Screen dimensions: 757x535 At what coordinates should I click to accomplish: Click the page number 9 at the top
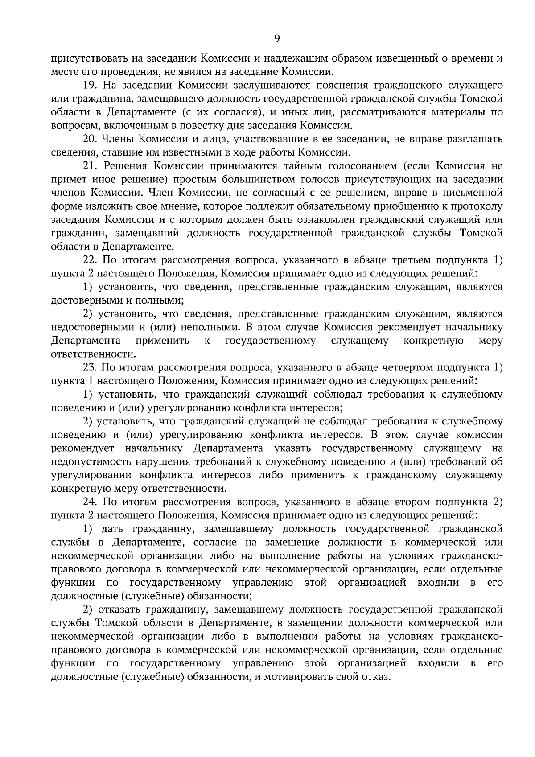(x=276, y=39)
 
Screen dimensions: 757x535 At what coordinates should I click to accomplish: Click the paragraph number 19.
(x=91, y=85)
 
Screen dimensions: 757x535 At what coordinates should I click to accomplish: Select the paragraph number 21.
(x=91, y=166)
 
